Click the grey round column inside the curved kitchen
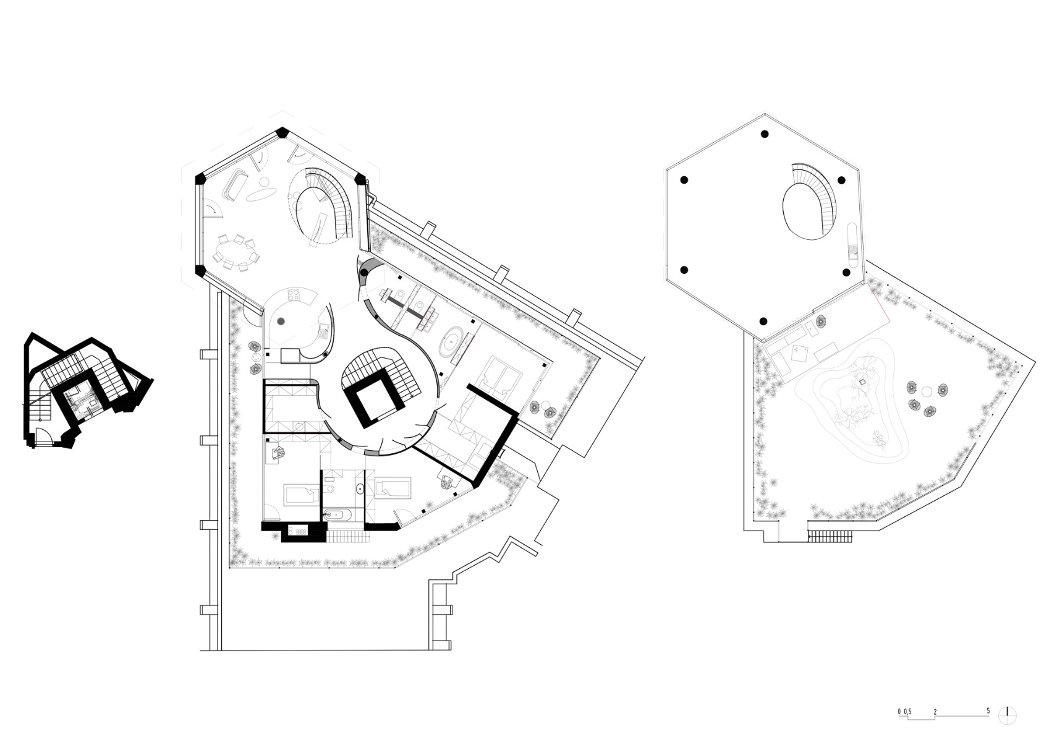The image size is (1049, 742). (x=281, y=321)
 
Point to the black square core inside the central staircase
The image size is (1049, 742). (x=369, y=402)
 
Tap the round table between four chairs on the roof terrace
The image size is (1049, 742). (x=926, y=392)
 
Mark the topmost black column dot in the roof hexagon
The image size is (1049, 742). (x=764, y=134)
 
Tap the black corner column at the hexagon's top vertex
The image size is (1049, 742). (x=282, y=132)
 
